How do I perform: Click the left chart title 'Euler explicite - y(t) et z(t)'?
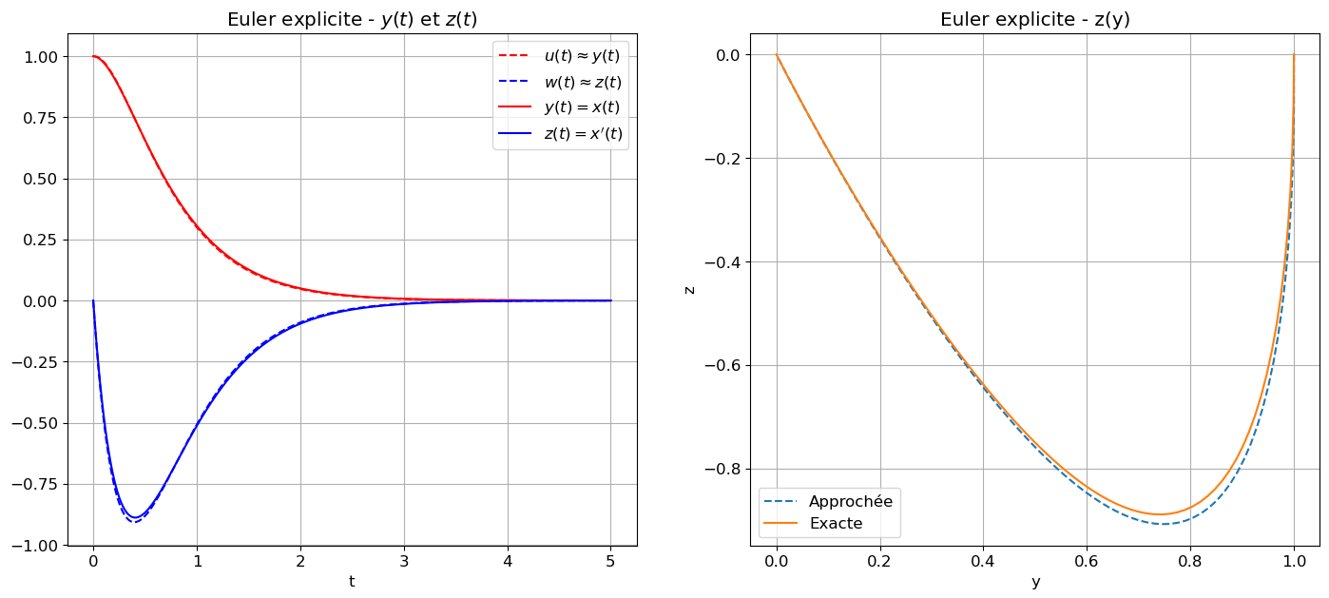pyautogui.click(x=352, y=20)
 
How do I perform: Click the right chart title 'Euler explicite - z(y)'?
pyautogui.click(x=1034, y=20)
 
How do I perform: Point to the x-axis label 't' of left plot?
pyautogui.click(x=352, y=581)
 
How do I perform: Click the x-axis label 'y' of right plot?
pyautogui.click(x=1035, y=581)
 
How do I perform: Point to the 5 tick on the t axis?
pyautogui.click(x=610, y=561)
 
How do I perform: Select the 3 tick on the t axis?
pyautogui.click(x=403, y=561)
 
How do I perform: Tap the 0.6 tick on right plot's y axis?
pyautogui.click(x=1087, y=561)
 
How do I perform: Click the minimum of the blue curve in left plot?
pyautogui.click(x=136, y=518)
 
